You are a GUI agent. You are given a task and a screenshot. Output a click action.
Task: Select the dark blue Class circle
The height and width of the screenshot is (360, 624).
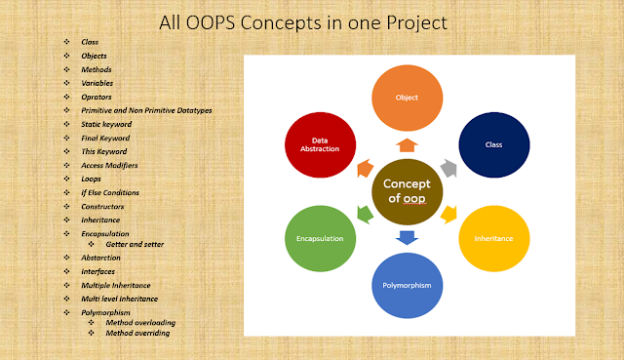[x=493, y=143]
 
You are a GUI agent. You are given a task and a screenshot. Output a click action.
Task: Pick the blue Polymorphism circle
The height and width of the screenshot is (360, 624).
[x=408, y=284]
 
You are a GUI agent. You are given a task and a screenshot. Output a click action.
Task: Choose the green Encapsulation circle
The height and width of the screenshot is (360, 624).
[x=318, y=237]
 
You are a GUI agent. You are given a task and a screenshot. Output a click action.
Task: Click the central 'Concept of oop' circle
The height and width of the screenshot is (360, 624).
[x=406, y=191]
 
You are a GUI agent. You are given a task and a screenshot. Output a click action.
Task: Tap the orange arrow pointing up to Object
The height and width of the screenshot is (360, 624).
[x=407, y=144]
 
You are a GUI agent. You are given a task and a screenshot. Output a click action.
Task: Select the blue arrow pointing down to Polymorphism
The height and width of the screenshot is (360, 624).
[x=407, y=237]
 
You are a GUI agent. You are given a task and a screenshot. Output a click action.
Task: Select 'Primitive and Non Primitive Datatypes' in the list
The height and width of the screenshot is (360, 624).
[x=146, y=110]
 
